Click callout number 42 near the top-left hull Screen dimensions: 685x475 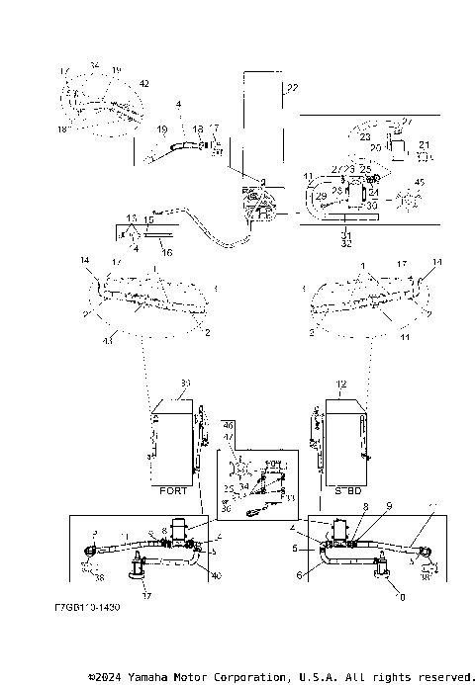coord(144,84)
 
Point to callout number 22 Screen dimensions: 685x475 coord(291,89)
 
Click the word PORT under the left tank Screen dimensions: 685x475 coord(173,488)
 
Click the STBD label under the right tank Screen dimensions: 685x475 coord(343,488)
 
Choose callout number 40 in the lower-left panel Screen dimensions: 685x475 coord(216,576)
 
